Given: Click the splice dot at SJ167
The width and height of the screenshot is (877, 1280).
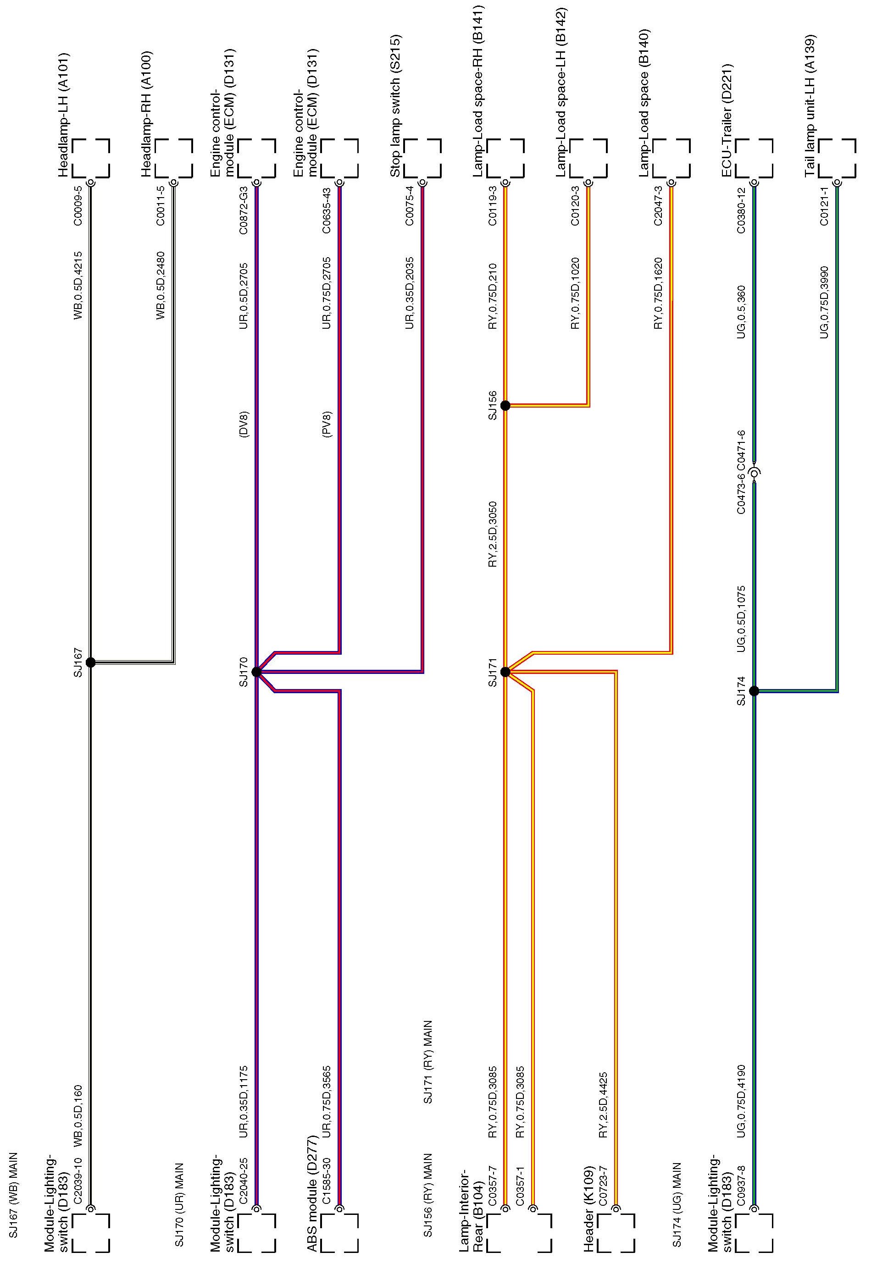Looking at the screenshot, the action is [x=91, y=662].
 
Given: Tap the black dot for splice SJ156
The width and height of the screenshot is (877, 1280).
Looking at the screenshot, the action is [x=505, y=406].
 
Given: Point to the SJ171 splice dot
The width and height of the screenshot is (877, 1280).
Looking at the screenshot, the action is [x=505, y=672].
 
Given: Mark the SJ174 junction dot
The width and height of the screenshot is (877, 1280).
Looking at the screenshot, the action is [x=754, y=691].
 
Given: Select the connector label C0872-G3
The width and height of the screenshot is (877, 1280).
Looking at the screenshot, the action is [x=244, y=210].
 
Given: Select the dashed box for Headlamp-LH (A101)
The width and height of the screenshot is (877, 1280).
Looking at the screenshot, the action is [x=91, y=158].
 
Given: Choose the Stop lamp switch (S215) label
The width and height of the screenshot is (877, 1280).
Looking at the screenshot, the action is [x=395, y=106].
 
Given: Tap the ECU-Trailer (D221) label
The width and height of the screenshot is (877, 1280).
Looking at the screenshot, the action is [x=727, y=121].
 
